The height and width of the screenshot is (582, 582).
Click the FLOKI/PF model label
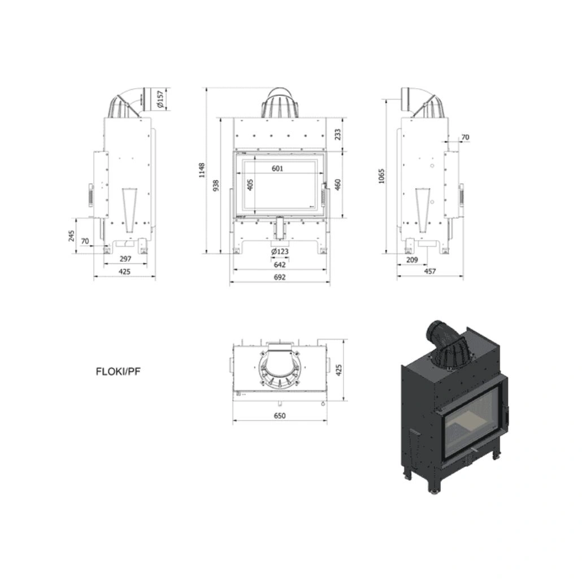[118, 372]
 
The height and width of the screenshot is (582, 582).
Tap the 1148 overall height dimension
[202, 170]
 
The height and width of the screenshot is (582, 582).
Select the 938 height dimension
[216, 185]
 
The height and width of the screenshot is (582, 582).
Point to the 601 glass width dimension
[277, 168]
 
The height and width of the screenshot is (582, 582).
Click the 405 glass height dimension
[250, 185]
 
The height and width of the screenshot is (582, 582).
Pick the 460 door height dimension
[337, 184]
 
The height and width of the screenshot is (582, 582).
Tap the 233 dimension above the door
[337, 134]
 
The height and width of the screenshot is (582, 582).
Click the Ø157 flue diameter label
[160, 99]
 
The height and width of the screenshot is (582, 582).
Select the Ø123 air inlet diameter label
[280, 251]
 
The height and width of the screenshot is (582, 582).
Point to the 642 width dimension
[280, 264]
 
